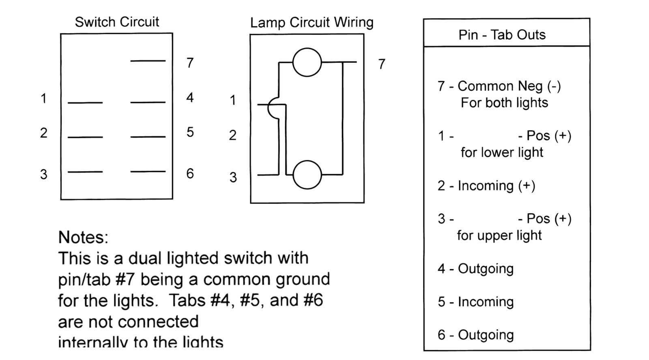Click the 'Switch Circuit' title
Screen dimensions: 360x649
pyautogui.click(x=117, y=22)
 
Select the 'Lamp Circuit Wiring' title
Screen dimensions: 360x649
pyautogui.click(x=312, y=23)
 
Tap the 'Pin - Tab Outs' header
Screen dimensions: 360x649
pyautogui.click(x=502, y=35)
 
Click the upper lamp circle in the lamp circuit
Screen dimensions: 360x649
pyautogui.click(x=307, y=62)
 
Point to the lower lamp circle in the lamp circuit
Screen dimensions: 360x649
pyautogui.click(x=307, y=175)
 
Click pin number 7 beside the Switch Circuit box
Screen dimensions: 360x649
pyautogui.click(x=190, y=63)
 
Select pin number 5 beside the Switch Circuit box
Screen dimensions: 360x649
pyautogui.click(x=190, y=132)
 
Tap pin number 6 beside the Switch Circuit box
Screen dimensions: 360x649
pyautogui.click(x=190, y=174)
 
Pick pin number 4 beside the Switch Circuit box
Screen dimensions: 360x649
pyautogui.click(x=190, y=98)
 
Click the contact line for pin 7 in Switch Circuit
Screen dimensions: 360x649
pyautogui.click(x=148, y=61)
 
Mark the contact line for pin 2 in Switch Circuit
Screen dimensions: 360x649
pyautogui.click(x=85, y=137)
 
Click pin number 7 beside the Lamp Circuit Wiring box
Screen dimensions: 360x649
pyautogui.click(x=381, y=64)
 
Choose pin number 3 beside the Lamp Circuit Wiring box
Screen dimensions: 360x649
pyautogui.click(x=233, y=177)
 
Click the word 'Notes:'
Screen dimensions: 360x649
pyautogui.click(x=83, y=237)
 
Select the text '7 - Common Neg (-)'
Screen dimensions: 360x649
pyautogui.click(x=499, y=86)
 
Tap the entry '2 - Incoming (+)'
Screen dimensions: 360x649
pyautogui.click(x=486, y=186)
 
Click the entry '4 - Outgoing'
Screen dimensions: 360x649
pyautogui.click(x=475, y=268)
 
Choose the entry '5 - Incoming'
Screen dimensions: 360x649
pyautogui.click(x=475, y=302)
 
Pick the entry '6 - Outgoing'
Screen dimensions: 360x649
pyautogui.click(x=475, y=335)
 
